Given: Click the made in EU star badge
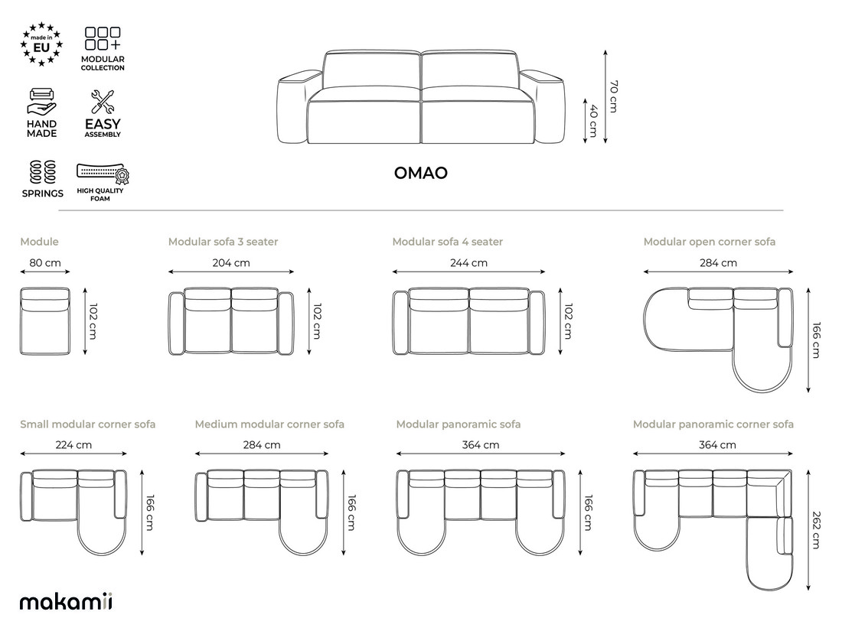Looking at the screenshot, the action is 41,44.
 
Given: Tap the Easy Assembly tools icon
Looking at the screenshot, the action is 102,102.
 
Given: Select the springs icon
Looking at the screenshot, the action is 42,172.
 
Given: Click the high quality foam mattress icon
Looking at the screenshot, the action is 103,174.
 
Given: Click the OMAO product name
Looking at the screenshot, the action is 420,173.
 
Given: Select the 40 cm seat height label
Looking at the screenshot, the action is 592,120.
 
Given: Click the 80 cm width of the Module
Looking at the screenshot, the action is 45,263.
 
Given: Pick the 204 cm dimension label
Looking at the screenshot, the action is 231,263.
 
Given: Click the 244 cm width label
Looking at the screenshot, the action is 468,263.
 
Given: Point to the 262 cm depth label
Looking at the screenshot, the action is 816,530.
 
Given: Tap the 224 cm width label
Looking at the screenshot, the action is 73,445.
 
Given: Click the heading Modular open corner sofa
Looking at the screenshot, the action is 710,242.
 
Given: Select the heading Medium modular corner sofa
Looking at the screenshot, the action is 269,424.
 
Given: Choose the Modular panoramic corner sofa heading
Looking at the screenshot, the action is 713,424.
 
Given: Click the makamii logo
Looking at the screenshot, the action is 66,601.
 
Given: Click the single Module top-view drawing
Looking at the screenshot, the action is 45,321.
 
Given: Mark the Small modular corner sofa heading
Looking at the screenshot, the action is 87,424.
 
